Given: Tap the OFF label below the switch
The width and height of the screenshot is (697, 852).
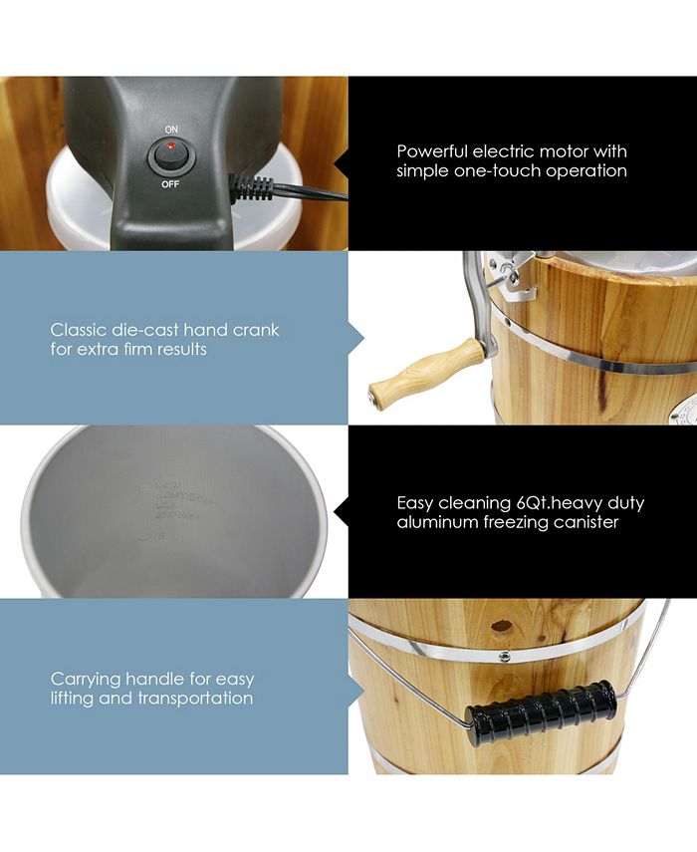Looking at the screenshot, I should [171, 184].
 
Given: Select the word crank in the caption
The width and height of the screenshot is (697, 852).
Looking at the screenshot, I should [258, 330].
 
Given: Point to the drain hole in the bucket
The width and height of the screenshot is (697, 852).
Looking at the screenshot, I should [502, 627].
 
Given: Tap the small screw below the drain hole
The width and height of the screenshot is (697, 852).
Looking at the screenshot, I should [505, 655].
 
